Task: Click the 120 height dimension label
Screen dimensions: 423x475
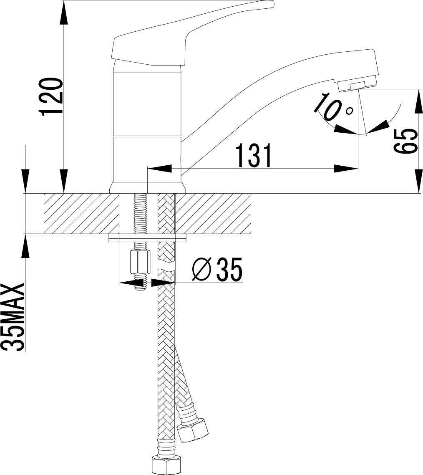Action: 51,97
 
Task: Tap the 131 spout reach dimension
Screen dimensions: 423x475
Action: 254,155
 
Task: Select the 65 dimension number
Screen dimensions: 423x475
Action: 405,141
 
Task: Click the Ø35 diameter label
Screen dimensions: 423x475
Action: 217,270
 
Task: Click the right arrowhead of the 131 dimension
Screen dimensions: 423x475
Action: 346,169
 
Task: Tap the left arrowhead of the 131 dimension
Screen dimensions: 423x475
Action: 159,169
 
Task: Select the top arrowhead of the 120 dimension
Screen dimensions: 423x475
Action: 63,12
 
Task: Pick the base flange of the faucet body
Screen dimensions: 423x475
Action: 147,187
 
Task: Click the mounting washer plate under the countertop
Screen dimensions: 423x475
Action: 147,237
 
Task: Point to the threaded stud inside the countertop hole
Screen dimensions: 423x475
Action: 140,214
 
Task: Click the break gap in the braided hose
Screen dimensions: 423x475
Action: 166,266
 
